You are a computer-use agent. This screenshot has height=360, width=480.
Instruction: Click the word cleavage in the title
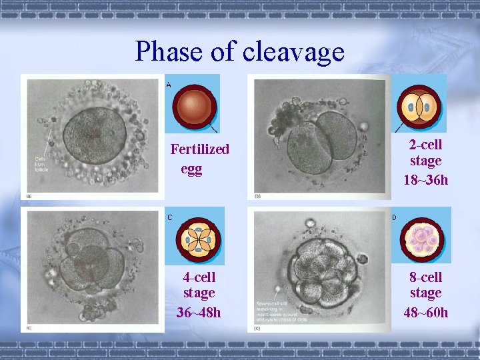[x=293, y=52]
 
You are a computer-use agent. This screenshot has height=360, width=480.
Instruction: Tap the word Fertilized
[x=199, y=149]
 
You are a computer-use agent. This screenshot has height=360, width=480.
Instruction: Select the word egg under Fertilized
[x=191, y=169]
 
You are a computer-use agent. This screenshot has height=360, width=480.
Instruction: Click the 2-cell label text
[x=426, y=144]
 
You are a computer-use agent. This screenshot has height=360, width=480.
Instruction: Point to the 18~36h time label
[x=426, y=180]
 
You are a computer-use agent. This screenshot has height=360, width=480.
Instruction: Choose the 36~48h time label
[x=199, y=312]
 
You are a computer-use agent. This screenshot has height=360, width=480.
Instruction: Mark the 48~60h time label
[x=426, y=312]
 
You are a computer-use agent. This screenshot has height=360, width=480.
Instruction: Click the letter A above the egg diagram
[x=169, y=85]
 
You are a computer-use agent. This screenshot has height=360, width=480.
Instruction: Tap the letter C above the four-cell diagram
[x=169, y=217]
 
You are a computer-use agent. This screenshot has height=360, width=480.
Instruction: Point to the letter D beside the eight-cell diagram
[x=394, y=217]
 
